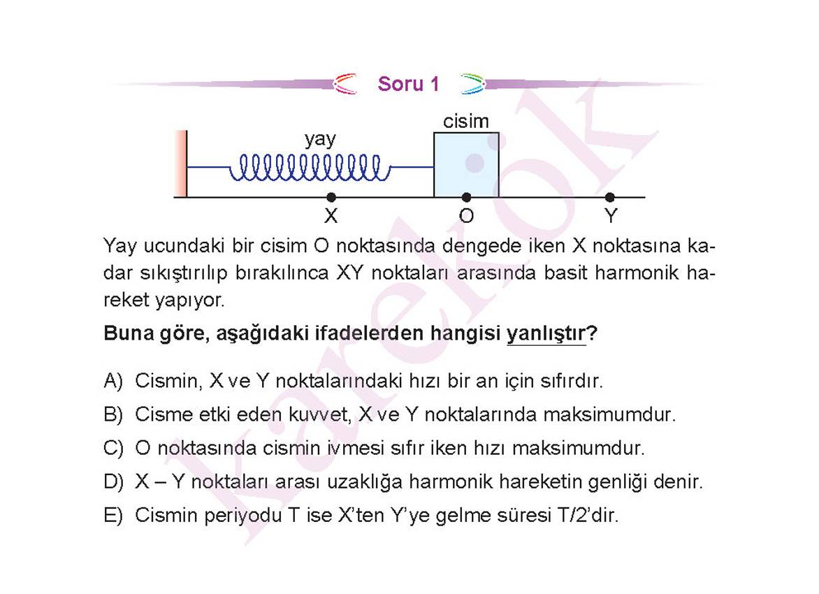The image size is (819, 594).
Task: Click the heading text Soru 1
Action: pyautogui.click(x=409, y=84)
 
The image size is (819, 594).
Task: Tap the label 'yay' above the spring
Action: pyautogui.click(x=319, y=140)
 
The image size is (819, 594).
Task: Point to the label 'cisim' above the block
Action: pyautogui.click(x=466, y=121)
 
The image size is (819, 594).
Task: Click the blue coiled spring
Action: pyautogui.click(x=310, y=167)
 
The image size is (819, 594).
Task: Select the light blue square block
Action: pyautogui.click(x=466, y=164)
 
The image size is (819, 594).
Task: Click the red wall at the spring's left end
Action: pyautogui.click(x=181, y=164)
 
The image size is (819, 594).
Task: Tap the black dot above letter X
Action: pyautogui.click(x=331, y=197)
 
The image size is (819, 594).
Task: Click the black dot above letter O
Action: pyautogui.click(x=466, y=197)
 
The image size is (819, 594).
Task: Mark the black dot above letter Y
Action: pyautogui.click(x=609, y=197)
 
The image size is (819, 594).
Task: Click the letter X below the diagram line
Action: pyautogui.click(x=331, y=215)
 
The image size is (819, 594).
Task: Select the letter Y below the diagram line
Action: pyautogui.click(x=611, y=215)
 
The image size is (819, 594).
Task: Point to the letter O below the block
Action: pyautogui.click(x=466, y=215)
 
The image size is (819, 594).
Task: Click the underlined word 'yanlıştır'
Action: pyautogui.click(x=546, y=333)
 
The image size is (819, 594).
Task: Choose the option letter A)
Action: pyautogui.click(x=113, y=381)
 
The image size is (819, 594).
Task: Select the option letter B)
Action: pyautogui.click(x=113, y=414)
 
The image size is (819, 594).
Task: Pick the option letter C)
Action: pyautogui.click(x=113, y=448)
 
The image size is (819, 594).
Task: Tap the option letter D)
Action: pyautogui.click(x=113, y=481)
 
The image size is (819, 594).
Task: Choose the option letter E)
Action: pyautogui.click(x=113, y=515)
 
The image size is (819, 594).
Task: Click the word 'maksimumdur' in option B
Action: pyautogui.click(x=609, y=414)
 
